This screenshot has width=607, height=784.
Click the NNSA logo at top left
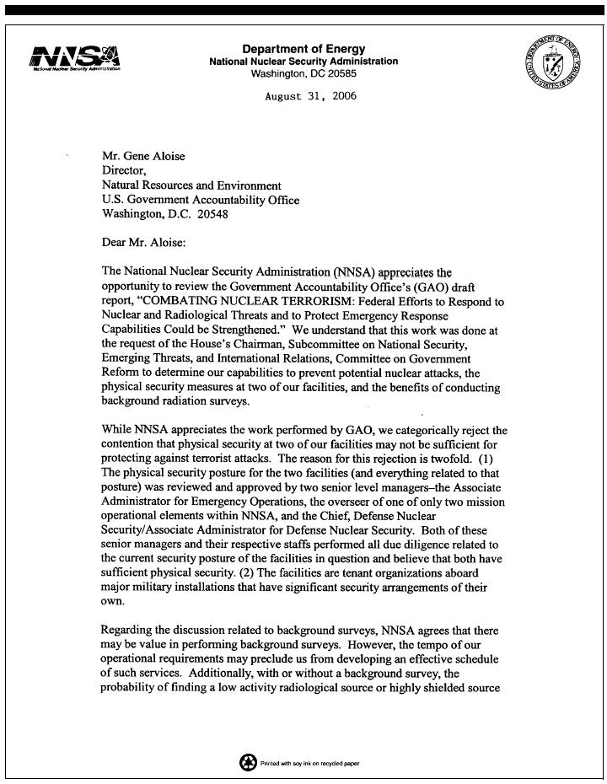[x=75, y=58]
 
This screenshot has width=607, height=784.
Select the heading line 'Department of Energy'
[x=303, y=49]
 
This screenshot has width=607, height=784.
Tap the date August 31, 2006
[x=310, y=96]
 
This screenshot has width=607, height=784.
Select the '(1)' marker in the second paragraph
[x=495, y=459]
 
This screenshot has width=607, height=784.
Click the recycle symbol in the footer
[x=248, y=762]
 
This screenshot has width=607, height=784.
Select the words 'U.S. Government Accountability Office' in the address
[x=201, y=200]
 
